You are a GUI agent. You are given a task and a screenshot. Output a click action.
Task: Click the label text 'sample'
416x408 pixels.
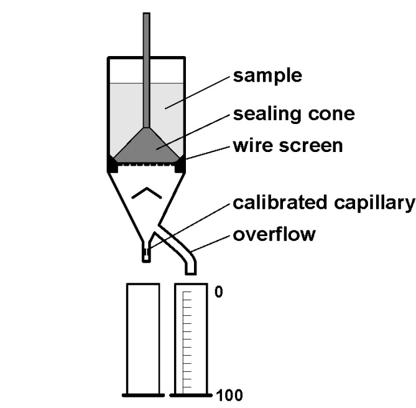pos(267,76)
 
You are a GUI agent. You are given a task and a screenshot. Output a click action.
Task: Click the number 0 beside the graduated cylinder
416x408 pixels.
pos(218,292)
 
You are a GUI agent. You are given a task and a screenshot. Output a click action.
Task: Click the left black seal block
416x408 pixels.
pos(113,165)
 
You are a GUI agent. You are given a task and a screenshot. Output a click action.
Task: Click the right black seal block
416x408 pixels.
pos(180,165)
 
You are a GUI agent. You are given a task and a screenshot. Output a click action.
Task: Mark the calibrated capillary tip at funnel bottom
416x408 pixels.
pos(146,254)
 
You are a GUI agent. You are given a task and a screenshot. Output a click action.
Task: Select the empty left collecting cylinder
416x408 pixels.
pos(144,339)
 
